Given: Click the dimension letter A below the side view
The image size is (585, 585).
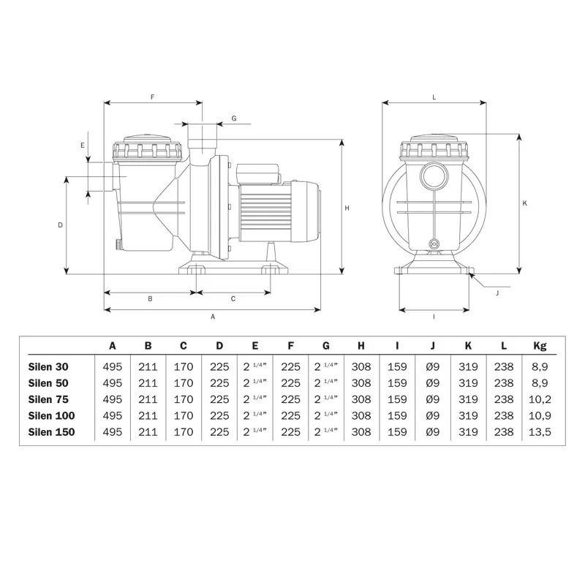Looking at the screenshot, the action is [x=213, y=317].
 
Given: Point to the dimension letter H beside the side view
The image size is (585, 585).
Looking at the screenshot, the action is [x=347, y=208].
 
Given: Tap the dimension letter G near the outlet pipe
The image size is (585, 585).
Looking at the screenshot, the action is [x=234, y=118].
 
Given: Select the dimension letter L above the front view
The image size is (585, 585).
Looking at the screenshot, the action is [x=434, y=97].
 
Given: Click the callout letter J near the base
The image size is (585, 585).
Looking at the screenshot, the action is [x=497, y=293].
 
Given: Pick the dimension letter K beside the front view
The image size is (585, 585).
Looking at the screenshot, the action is [x=525, y=203].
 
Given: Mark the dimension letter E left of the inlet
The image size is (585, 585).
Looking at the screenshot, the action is [x=83, y=146].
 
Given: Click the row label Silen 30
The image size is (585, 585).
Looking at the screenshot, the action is [x=48, y=367].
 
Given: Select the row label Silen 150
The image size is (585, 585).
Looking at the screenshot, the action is [x=51, y=432].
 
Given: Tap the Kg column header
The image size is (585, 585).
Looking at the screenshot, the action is [x=540, y=346].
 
